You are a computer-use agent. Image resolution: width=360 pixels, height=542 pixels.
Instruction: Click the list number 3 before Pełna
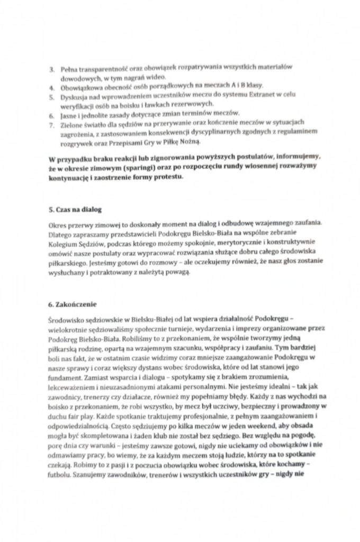51,69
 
